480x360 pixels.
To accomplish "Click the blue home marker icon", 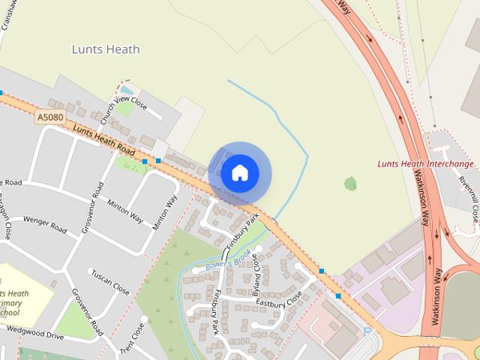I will point(239,173).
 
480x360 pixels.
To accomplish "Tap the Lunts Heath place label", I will point(106,49).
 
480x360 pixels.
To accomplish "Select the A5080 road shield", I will point(49,118).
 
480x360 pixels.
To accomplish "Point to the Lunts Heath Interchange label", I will point(425,163).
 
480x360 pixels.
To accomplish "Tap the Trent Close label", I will point(135,338).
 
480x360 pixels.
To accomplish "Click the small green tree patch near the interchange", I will point(349,183).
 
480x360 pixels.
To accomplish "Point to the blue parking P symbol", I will point(367,331).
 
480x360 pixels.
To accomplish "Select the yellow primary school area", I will point(22,296).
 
